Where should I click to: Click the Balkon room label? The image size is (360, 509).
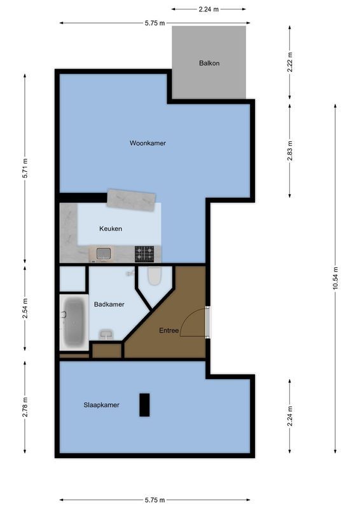[209, 64]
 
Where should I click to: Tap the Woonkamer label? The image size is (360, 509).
[148, 143]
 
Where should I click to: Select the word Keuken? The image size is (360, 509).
[111, 229]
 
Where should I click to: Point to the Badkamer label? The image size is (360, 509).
[109, 305]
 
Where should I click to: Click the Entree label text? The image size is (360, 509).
[169, 330]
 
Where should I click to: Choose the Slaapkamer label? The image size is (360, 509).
[101, 405]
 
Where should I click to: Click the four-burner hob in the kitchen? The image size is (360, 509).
[144, 254]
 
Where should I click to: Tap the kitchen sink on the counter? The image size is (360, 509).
[104, 254]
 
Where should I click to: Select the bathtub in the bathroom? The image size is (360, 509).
[74, 322]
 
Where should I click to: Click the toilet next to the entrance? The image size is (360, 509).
[154, 276]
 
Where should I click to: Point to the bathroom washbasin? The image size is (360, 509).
[106, 333]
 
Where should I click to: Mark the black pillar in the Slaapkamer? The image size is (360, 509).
[144, 405]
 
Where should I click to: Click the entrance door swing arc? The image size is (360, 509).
[192, 323]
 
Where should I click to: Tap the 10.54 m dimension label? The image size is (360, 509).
[335, 277]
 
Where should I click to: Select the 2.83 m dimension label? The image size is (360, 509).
[290, 150]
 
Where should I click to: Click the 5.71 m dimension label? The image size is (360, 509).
[25, 168]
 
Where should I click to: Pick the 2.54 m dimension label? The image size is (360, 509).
[25, 308]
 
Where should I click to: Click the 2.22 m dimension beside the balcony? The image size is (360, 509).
[290, 64]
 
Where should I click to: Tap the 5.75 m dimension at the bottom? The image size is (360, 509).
[155, 500]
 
